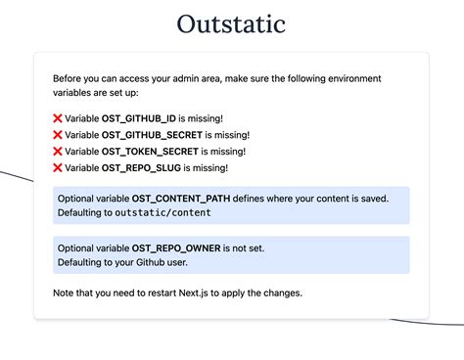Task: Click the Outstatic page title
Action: pos(232,22)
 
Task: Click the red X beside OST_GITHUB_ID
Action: pos(58,117)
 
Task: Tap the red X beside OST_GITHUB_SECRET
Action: pos(58,134)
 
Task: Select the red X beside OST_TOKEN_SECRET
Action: pos(58,151)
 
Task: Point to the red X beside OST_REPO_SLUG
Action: pos(58,168)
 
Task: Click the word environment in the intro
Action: pos(352,78)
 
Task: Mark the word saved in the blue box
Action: pos(372,198)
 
